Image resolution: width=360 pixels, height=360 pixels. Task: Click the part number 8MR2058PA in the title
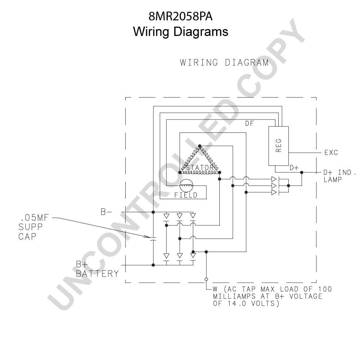pos(180,17)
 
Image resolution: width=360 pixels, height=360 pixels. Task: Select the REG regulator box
pos(279,146)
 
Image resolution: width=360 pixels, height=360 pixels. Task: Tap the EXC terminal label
pos(331,152)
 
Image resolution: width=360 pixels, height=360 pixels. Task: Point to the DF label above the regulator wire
pos(249,123)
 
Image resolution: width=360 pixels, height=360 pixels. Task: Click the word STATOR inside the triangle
pos(200,168)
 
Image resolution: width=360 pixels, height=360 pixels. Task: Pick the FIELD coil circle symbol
pos(186,185)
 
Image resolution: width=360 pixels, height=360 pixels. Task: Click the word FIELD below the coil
pos(186,195)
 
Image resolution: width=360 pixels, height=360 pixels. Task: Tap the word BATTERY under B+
pos(97,274)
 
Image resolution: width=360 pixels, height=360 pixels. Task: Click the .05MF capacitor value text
pos(35,218)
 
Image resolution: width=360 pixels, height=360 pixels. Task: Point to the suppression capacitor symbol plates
pos(153,239)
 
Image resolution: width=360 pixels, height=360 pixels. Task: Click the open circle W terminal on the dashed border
pos(206,279)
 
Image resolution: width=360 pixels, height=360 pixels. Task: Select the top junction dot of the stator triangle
pos(199,146)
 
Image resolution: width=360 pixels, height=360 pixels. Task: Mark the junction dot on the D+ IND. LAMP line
pos(302,172)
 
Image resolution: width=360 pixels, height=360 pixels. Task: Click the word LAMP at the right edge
pos(333,180)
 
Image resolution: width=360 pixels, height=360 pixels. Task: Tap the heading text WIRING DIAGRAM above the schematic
pos(224,62)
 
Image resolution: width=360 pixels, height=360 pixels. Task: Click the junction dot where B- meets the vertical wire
pos(153,212)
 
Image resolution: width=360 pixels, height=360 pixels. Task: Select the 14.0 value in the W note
pos(237,303)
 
